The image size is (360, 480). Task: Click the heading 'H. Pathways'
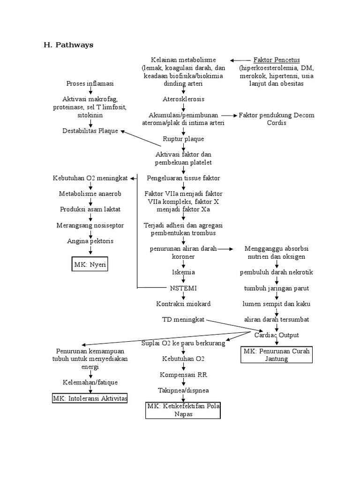point(68,45)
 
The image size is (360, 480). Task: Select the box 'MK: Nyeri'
point(90,264)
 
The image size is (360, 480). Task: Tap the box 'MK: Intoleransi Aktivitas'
point(90,398)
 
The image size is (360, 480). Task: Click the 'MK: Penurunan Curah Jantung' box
point(276,355)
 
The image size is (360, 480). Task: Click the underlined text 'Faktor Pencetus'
point(277,60)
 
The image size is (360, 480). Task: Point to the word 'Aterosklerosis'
point(183,99)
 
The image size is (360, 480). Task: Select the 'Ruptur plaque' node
point(183,139)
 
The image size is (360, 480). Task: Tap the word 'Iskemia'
point(183,272)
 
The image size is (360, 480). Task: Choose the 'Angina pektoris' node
point(90,241)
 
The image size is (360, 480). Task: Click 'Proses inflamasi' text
point(90,83)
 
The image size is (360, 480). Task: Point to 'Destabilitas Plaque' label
point(90,131)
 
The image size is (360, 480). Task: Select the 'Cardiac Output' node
point(276,335)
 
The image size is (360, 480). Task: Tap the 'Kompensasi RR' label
point(183,375)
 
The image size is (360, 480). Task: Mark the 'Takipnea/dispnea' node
point(183,390)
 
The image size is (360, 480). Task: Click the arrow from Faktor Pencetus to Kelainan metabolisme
point(240,60)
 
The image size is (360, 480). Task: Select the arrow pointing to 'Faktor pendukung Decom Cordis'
point(229,115)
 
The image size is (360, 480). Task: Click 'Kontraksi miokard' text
point(183,304)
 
